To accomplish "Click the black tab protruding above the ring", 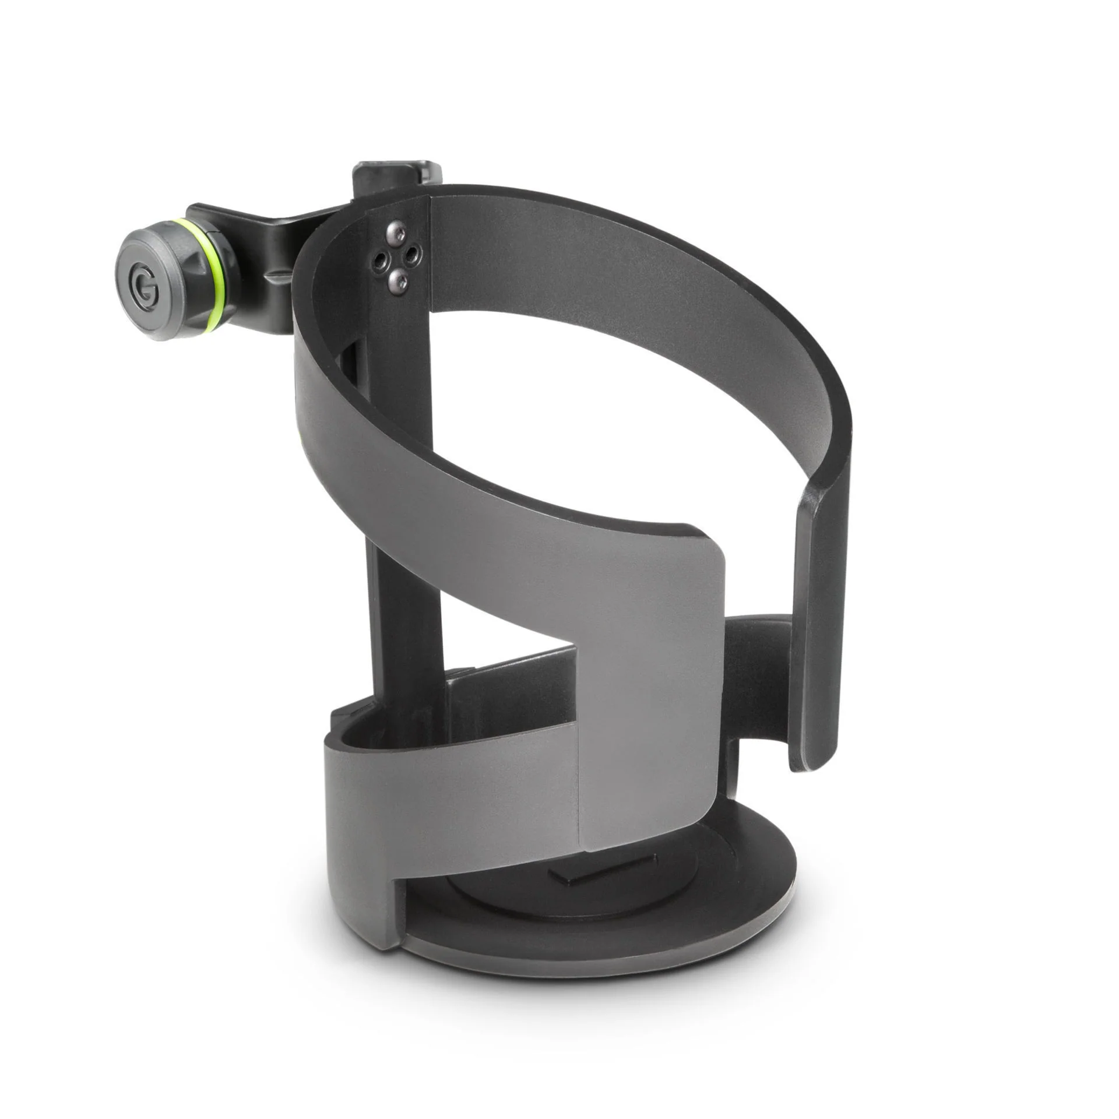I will [396, 178].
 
